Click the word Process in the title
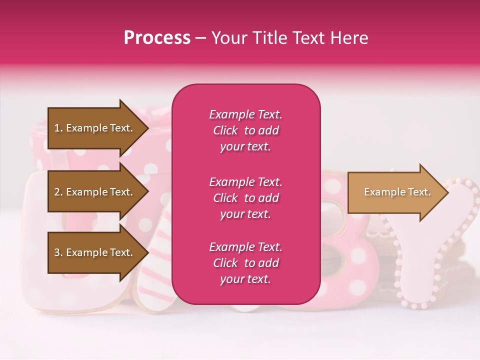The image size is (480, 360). click(x=157, y=38)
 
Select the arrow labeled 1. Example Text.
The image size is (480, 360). click(x=95, y=128)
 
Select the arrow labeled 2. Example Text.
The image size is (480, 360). click(x=95, y=192)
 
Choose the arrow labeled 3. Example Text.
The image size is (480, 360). click(x=95, y=252)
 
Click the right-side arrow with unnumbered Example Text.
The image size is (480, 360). click(x=395, y=192)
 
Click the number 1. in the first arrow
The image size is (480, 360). click(x=58, y=128)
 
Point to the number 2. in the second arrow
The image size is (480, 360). click(x=58, y=192)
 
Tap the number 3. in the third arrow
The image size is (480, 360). click(x=58, y=253)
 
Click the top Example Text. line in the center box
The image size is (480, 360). click(x=245, y=114)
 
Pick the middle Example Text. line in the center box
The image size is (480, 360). click(x=245, y=182)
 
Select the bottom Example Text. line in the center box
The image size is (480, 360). click(x=245, y=247)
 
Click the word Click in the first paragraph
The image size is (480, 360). click(x=225, y=130)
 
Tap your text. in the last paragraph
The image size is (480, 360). click(x=245, y=279)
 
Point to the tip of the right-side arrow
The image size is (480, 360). click(x=447, y=192)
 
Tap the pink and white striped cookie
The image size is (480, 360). click(x=155, y=270)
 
